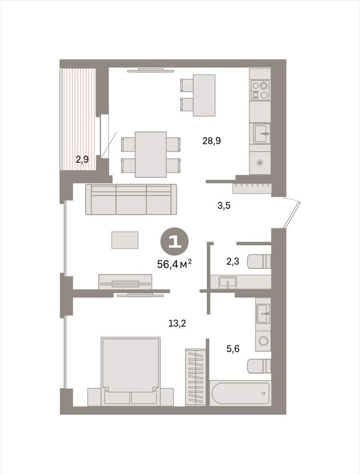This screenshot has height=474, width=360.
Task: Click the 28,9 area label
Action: (211, 141)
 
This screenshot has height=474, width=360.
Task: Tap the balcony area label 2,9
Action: (82, 159)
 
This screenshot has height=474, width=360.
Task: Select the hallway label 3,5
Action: (224, 206)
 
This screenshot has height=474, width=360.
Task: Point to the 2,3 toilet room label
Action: (233, 261)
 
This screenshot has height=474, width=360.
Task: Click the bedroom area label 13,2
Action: (177, 324)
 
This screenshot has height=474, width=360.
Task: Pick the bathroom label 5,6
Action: (233, 349)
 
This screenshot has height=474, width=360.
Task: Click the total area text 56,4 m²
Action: (174, 264)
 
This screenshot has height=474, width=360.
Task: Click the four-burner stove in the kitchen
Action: (261, 90)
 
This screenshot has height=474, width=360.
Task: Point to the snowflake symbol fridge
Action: (260, 163)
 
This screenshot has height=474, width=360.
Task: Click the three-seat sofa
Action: (131, 199)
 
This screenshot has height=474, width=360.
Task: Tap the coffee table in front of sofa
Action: (125, 240)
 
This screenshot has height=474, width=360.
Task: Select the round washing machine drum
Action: (263, 341)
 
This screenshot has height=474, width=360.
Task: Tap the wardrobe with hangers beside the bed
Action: (196, 377)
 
